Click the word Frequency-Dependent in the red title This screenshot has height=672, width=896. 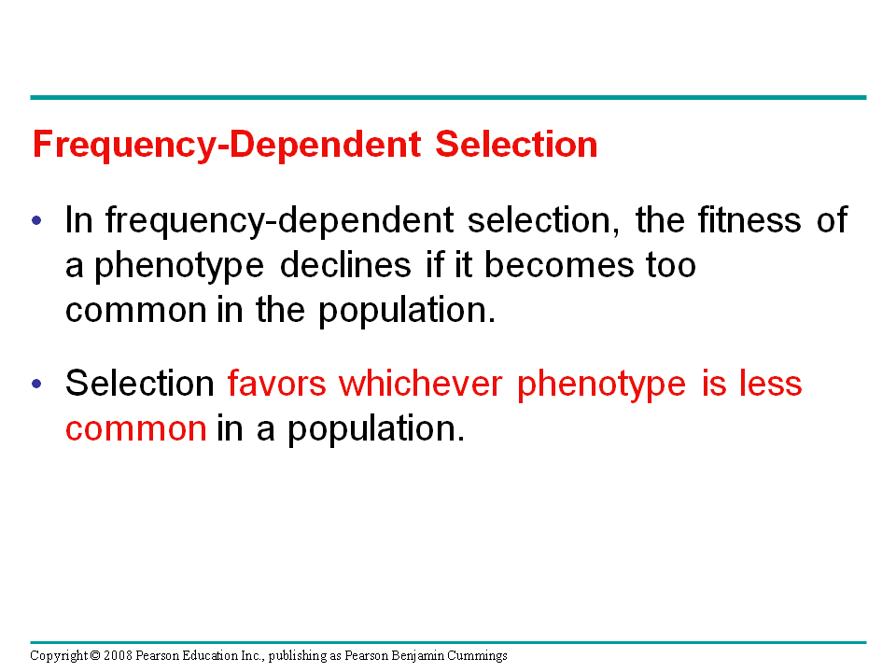[227, 144]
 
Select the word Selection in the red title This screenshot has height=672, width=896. [516, 144]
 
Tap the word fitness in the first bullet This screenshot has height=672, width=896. [749, 219]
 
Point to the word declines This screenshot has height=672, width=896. [345, 264]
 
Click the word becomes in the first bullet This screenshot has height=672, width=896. [559, 264]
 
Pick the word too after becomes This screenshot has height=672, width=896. [671, 266]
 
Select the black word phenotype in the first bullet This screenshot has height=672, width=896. [179, 267]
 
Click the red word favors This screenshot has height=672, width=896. [276, 383]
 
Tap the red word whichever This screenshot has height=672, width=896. [421, 383]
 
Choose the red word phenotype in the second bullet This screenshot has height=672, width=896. [601, 385]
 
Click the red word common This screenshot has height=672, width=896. [136, 429]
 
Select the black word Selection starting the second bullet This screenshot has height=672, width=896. [139, 383]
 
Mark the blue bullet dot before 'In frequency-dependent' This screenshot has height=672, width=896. [36, 220]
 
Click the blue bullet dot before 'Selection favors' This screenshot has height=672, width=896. [36, 384]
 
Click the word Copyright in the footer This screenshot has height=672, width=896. [59, 656]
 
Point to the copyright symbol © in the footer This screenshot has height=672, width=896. [95, 655]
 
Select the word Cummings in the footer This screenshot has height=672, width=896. [477, 656]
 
